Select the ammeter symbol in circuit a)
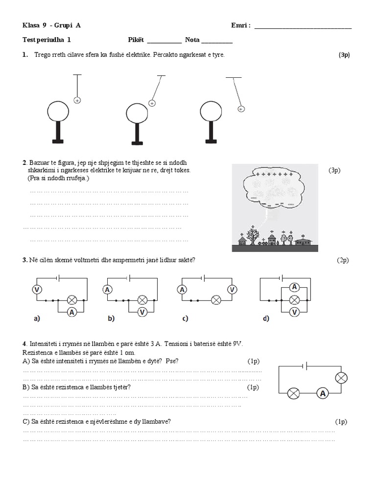71,311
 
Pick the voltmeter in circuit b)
142,311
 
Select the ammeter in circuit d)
294,287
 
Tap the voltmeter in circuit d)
294,311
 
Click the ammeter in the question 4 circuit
322,393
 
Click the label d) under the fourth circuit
266,319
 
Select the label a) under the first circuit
37,319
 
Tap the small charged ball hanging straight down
77,100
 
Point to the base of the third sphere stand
211,141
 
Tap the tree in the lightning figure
253,237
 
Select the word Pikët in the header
136,40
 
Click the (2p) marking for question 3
342,260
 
